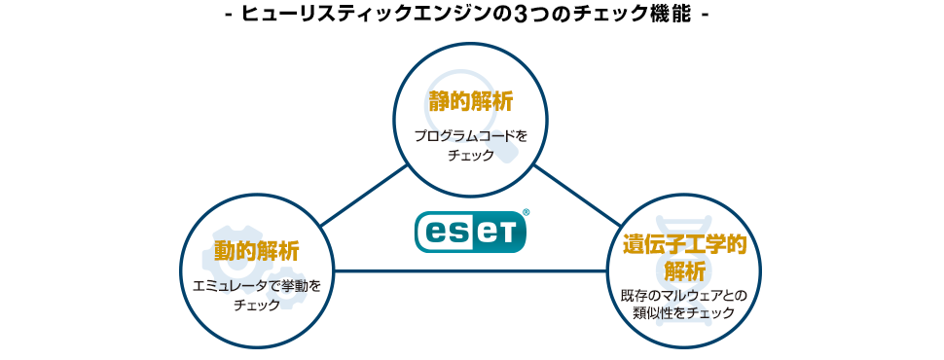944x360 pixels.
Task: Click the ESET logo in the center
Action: click(471, 232)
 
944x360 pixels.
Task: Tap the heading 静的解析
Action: click(471, 101)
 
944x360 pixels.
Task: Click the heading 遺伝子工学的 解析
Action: click(685, 256)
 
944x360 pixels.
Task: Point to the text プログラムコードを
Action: click(471, 136)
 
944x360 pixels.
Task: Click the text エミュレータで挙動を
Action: click(257, 286)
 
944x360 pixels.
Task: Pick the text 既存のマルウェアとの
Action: click(685, 294)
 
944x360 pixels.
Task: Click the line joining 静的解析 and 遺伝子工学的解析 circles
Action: click(577, 197)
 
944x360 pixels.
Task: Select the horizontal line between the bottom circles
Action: click(471, 270)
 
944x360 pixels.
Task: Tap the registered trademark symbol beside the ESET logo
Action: click(526, 211)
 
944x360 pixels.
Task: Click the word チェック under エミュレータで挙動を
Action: click(257, 305)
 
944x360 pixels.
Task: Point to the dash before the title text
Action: click(228, 17)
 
